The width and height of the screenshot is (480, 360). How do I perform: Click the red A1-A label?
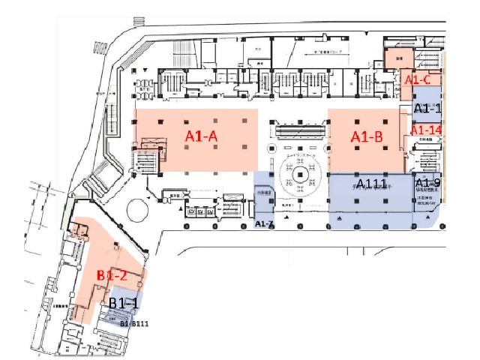coord(201,136)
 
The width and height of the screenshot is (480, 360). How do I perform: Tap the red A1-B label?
coord(367,136)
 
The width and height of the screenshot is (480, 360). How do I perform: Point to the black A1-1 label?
coord(427,109)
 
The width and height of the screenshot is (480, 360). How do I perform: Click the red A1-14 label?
coord(426,130)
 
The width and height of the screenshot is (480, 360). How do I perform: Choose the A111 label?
coord(372,184)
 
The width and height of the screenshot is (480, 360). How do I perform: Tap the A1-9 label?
coord(427,183)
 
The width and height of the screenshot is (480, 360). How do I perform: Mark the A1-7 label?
coord(264,224)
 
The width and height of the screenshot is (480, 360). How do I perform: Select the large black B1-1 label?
coord(123,303)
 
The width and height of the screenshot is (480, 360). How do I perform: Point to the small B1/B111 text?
coord(134,324)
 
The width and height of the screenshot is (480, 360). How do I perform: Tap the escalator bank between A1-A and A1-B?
coord(299,130)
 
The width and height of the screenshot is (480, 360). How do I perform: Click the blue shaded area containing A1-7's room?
coord(264,196)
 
